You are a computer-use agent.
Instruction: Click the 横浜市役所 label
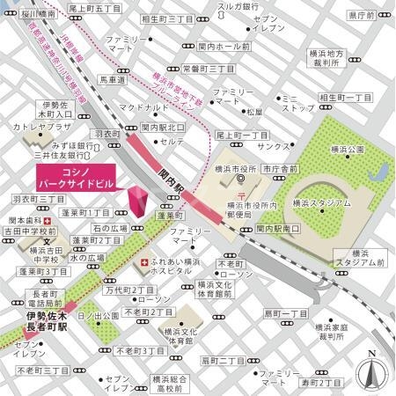pyautogui.click(x=236, y=168)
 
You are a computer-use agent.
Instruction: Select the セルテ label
pyautogui.click(x=172, y=141)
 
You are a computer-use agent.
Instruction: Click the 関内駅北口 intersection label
pyautogui.click(x=164, y=126)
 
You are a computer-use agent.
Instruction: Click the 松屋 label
pyautogui.click(x=253, y=112)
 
